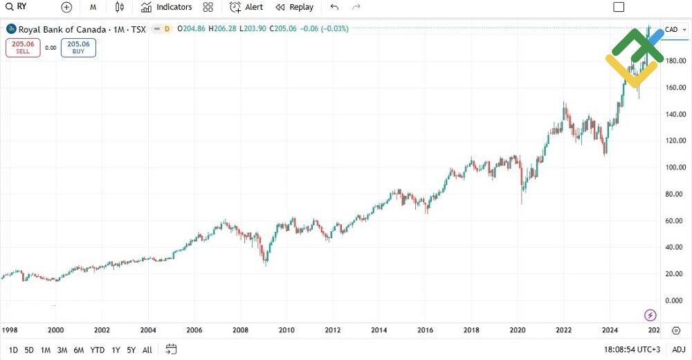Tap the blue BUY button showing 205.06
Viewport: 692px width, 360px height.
(78, 47)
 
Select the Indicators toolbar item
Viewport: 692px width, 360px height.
(166, 7)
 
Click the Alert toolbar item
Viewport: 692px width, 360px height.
(246, 7)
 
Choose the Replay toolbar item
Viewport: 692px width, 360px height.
(294, 7)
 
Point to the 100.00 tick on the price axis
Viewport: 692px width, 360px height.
(675, 168)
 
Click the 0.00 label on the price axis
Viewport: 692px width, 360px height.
(673, 300)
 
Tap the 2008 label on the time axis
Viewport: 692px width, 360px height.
(241, 330)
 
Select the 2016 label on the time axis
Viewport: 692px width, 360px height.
(426, 330)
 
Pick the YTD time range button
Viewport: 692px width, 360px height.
(97, 350)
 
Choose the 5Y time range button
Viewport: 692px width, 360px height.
(131, 350)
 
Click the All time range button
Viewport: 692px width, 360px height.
(147, 350)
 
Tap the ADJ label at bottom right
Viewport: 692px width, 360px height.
(678, 350)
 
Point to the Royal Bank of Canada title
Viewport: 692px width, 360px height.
(62, 29)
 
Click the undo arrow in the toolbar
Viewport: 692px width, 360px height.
(334, 7)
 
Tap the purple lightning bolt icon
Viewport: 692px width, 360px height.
(650, 316)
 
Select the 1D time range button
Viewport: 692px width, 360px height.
(13, 350)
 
